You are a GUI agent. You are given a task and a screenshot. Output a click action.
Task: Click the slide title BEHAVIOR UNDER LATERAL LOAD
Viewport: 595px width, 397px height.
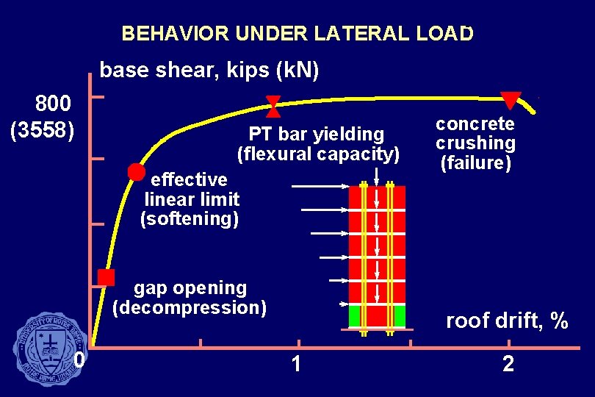pos(297,34)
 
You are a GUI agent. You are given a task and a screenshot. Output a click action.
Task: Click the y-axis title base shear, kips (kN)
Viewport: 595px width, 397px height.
pos(209,71)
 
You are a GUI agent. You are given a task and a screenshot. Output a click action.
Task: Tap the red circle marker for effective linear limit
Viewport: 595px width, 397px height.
pos(136,172)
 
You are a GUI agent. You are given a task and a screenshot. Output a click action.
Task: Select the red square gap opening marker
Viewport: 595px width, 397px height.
pos(107,277)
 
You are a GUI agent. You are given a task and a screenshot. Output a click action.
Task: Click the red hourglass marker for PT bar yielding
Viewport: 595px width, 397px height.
pos(273,107)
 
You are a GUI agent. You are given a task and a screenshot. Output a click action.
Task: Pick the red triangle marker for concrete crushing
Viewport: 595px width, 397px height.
pos(510,100)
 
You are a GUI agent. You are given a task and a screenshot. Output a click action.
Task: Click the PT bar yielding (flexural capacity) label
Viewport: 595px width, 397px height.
pos(317,144)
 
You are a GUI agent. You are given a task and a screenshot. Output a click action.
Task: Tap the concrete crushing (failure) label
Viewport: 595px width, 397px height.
pos(475,143)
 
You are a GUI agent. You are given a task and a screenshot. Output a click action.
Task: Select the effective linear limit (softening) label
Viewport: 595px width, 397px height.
pos(190,199)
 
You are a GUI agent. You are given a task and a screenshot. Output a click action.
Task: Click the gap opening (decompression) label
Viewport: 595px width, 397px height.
pos(190,297)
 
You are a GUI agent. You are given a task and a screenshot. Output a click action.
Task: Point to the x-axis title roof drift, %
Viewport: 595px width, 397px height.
pos(507,321)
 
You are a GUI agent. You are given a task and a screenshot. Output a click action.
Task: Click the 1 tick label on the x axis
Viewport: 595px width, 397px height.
pos(295,363)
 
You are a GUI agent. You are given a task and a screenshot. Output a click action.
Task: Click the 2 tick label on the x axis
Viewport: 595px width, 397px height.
pos(508,364)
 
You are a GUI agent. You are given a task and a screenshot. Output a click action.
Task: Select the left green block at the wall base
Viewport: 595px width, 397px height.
pos(356,317)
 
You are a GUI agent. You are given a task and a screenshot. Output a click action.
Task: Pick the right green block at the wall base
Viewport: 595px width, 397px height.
pos(399,317)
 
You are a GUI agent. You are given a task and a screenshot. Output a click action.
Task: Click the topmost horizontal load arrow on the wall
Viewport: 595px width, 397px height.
pos(320,187)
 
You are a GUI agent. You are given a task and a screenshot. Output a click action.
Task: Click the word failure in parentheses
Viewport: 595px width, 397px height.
pos(475,162)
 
